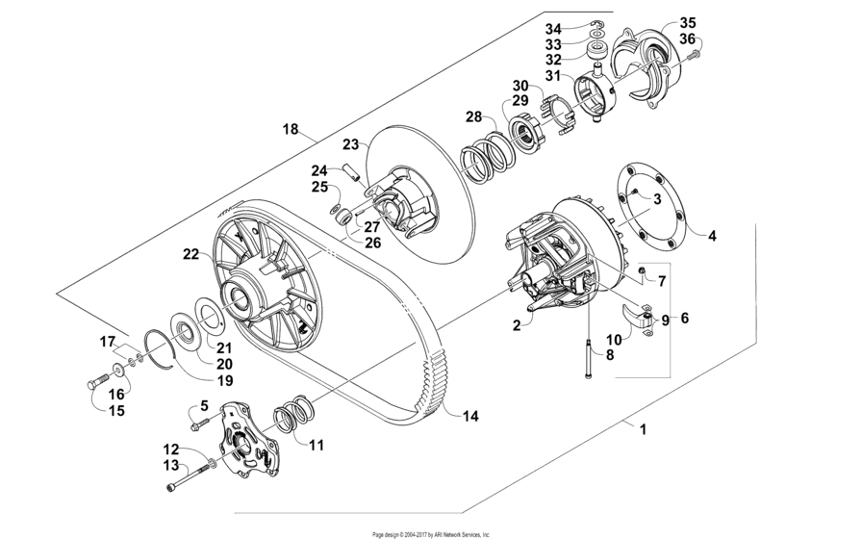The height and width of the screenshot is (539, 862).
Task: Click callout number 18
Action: (x=291, y=128)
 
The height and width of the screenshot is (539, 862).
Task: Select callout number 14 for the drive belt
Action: (x=470, y=416)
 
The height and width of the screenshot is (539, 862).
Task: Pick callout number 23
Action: (x=350, y=144)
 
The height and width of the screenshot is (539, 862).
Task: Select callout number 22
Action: (x=190, y=254)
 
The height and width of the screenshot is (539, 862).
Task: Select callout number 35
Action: (x=688, y=22)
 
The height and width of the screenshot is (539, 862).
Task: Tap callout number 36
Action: (x=688, y=38)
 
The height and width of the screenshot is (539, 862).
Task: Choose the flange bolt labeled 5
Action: (x=200, y=420)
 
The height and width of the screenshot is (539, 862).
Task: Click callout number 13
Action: (x=170, y=465)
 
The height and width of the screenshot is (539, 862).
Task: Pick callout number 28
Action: (x=473, y=117)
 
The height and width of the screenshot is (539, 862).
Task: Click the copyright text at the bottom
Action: (x=431, y=533)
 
